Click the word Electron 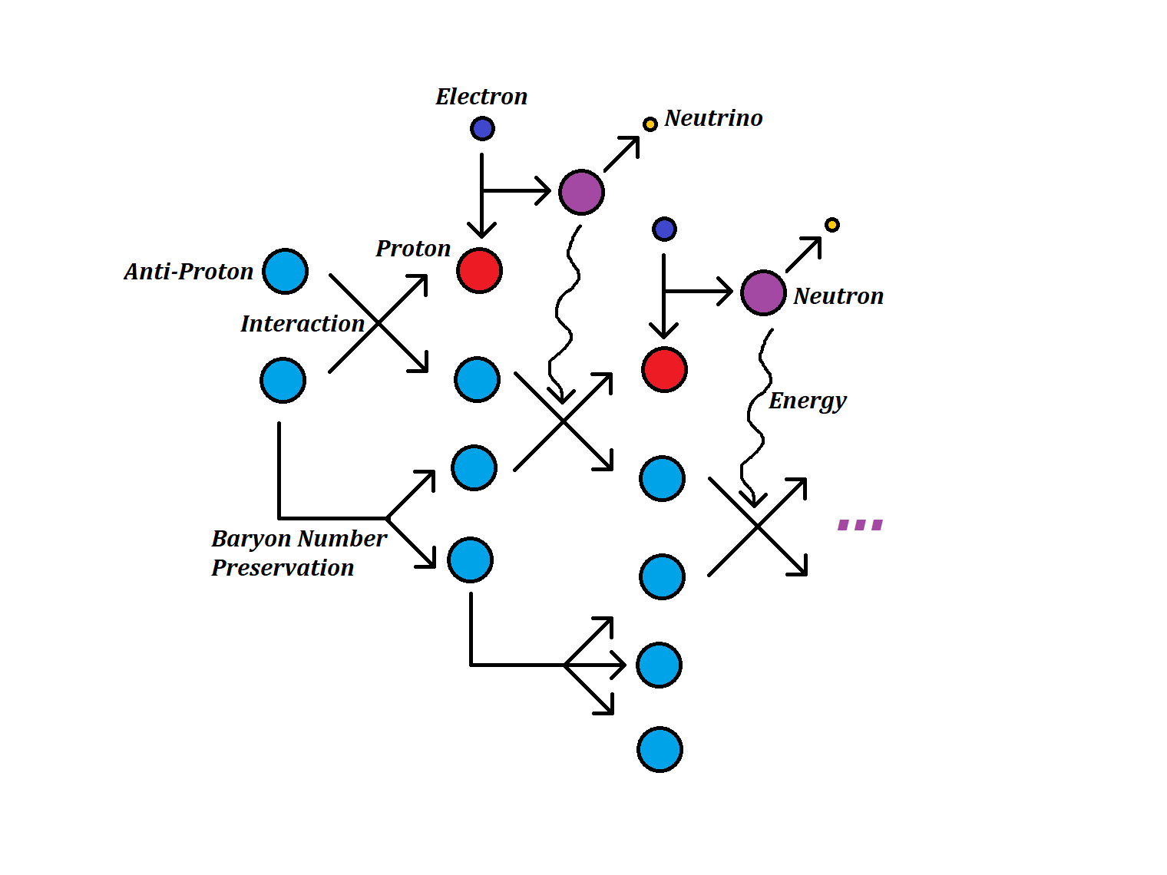[481, 97]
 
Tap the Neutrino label [713, 118]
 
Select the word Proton [413, 249]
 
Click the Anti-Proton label [189, 272]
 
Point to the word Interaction [302, 324]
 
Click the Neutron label [838, 296]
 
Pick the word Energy [808, 401]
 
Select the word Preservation [283, 568]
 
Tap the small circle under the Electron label [482, 128]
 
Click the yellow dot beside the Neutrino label [650, 124]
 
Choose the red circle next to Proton [479, 270]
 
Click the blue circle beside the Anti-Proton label [286, 271]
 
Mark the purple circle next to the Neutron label [763, 292]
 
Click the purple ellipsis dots [860, 525]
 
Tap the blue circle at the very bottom [660, 749]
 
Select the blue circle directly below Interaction [283, 380]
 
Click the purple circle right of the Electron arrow [581, 192]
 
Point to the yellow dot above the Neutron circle [832, 225]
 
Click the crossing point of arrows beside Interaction [379, 324]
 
